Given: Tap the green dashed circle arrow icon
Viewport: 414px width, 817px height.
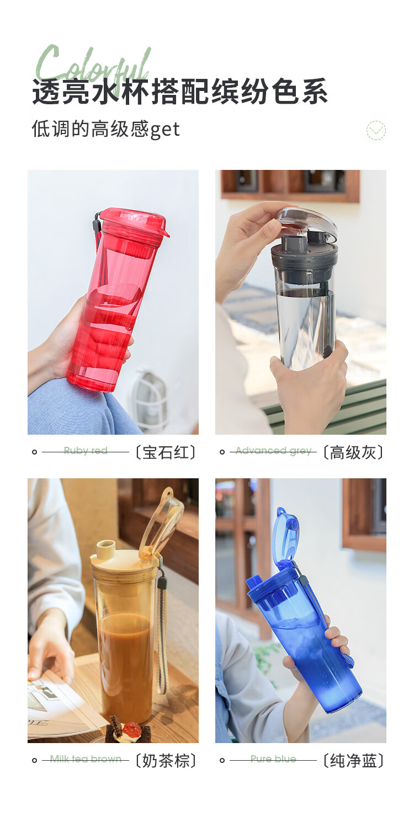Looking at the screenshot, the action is click(x=376, y=130).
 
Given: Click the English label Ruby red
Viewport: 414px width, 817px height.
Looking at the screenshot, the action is click(x=86, y=451).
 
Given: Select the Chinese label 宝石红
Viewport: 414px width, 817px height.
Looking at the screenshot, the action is click(x=166, y=452).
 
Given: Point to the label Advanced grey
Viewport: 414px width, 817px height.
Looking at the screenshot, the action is click(x=273, y=451).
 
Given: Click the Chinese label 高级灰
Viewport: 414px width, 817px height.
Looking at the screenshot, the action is click(x=353, y=452).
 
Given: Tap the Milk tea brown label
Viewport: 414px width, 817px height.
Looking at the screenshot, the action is click(x=86, y=759).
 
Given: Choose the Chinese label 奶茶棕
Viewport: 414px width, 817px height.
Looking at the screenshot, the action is click(x=166, y=761).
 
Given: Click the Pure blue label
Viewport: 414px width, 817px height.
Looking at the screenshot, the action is click(x=273, y=759).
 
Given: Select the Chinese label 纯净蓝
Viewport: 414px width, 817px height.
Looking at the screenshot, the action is click(x=353, y=761).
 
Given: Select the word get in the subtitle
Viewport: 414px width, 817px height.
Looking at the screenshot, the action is click(x=164, y=130).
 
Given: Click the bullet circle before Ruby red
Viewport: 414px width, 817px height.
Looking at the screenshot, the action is click(x=35, y=452).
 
